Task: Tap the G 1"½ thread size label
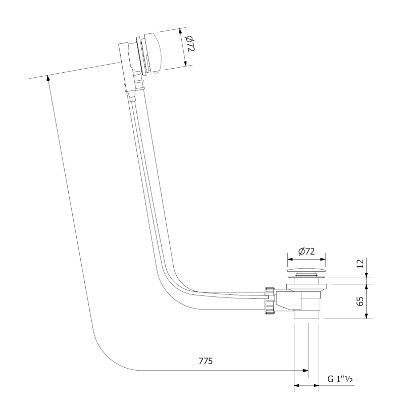pyautogui.click(x=339, y=378)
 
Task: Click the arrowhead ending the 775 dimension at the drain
pyautogui.click(x=305, y=371)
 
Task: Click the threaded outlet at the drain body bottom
pyautogui.click(x=307, y=314)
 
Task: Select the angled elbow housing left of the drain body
pyautogui.click(x=286, y=301)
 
